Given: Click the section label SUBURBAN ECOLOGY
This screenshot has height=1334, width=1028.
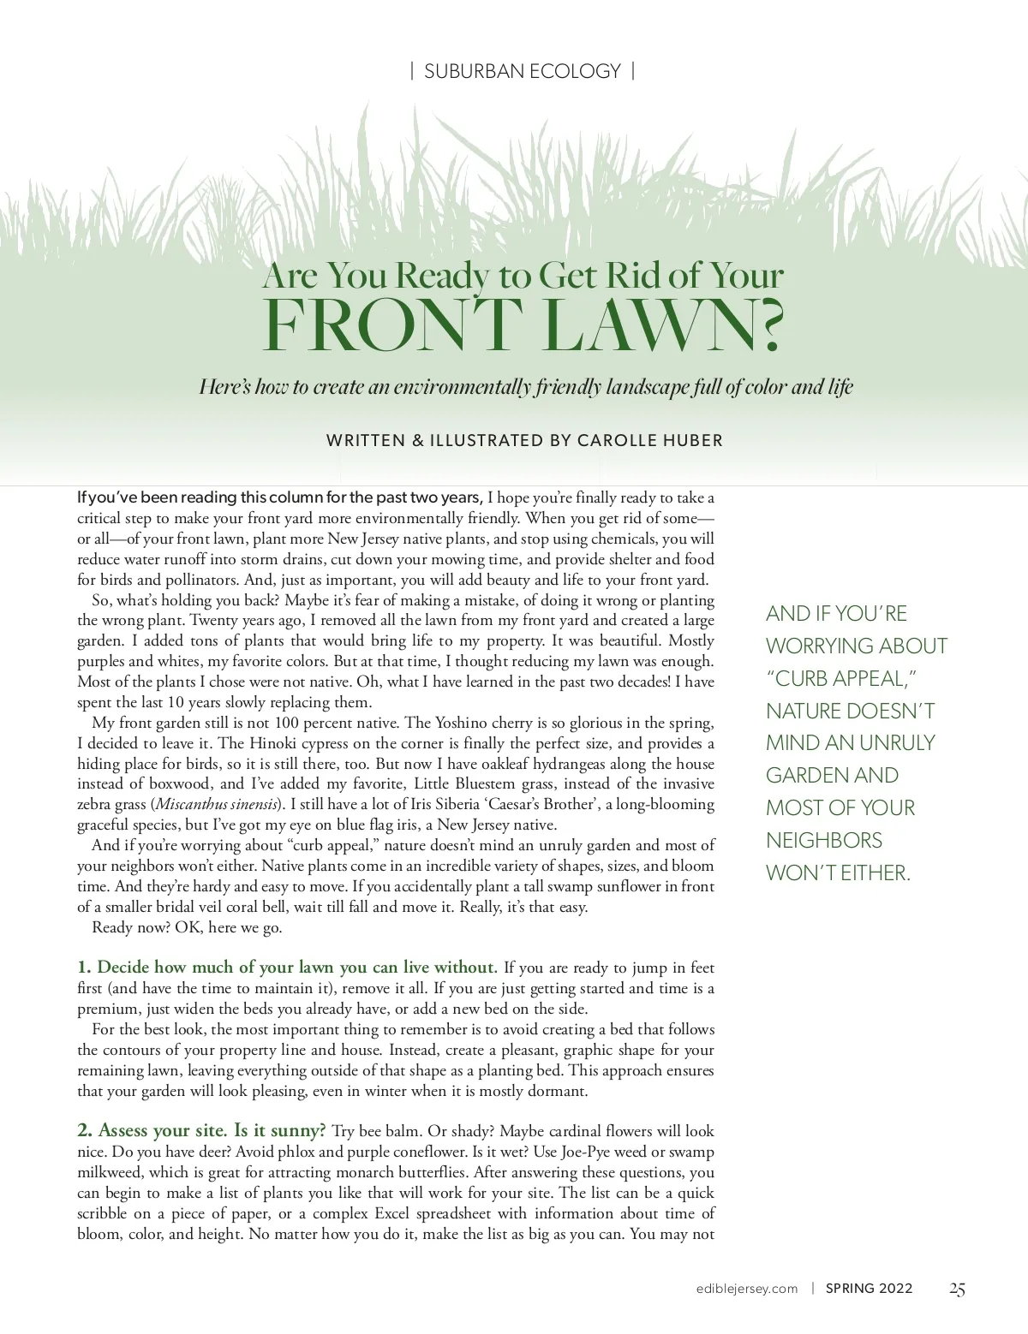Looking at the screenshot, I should tap(523, 71).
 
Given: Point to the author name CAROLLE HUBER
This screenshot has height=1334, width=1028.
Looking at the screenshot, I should tap(650, 441).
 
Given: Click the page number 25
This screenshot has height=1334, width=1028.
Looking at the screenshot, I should tap(957, 1289).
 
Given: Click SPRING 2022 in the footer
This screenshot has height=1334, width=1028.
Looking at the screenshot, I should tap(869, 1289).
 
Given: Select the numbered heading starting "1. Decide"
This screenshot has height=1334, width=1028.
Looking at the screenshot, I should tap(287, 968).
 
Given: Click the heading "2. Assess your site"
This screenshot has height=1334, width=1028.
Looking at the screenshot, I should tap(201, 1131).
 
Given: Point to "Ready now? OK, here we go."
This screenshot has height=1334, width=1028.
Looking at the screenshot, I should tap(187, 927).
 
